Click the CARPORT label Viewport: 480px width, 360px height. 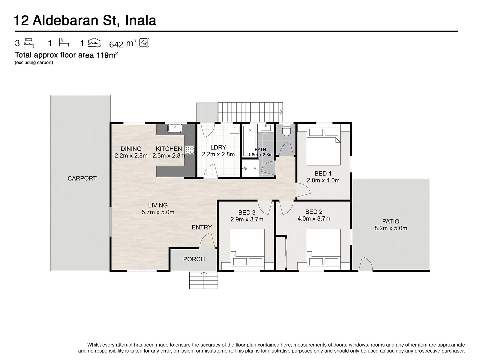(82, 178)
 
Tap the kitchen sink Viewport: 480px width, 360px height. (174, 128)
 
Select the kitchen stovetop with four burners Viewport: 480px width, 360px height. (190, 150)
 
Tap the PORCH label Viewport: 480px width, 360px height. (194, 259)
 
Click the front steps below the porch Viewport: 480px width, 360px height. (203, 280)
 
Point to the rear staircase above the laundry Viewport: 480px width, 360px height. (250, 112)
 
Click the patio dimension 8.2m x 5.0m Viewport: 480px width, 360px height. (391, 228)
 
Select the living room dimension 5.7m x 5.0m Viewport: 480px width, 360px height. (158, 212)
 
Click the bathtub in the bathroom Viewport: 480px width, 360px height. (249, 141)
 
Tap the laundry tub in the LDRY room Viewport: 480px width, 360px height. (234, 130)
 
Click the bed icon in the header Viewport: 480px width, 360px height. (29, 43)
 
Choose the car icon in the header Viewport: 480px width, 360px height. (94, 43)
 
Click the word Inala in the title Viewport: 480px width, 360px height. (140, 21)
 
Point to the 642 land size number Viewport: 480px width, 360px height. (116, 44)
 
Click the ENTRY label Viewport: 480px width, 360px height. (202, 227)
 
